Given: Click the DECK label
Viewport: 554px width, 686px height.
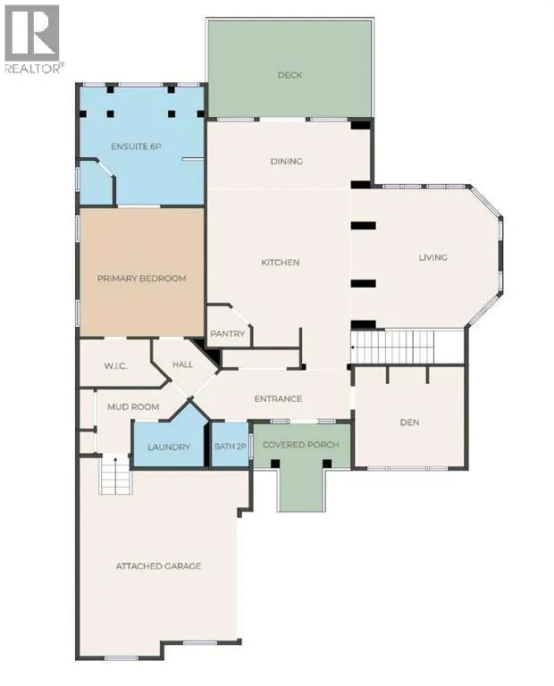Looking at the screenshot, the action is pyautogui.click(x=290, y=75).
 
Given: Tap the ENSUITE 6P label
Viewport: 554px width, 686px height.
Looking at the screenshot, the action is pyautogui.click(x=136, y=146).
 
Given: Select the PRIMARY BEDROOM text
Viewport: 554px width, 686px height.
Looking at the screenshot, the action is pyautogui.click(x=141, y=279).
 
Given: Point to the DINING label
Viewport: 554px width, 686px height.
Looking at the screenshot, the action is pyautogui.click(x=287, y=162).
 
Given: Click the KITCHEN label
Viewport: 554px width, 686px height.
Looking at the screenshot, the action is pyautogui.click(x=280, y=263).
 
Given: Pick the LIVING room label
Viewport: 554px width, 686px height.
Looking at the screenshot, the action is pyautogui.click(x=433, y=257).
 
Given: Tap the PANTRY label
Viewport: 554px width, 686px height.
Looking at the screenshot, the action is pyautogui.click(x=228, y=334).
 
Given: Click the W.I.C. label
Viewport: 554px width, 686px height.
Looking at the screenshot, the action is pyautogui.click(x=116, y=365).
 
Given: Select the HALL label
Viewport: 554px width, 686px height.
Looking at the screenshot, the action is pyautogui.click(x=182, y=364).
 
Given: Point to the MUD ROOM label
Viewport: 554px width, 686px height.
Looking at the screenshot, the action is pyautogui.click(x=133, y=407).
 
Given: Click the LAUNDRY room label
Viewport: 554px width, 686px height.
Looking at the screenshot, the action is pyautogui.click(x=169, y=448).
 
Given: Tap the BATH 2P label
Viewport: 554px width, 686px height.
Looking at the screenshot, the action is pyautogui.click(x=231, y=447).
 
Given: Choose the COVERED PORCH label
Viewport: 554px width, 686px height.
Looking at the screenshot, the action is pyautogui.click(x=301, y=445).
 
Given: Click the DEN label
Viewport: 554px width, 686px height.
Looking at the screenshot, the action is pyautogui.click(x=409, y=422).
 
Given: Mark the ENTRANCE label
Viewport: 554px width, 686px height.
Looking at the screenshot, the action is pyautogui.click(x=278, y=399).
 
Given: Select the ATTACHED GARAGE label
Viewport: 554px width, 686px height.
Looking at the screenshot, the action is pyautogui.click(x=158, y=566).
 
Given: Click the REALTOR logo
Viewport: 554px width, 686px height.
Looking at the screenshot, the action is pyautogui.click(x=33, y=38).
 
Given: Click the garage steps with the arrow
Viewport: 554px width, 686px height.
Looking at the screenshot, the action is pyautogui.click(x=115, y=474).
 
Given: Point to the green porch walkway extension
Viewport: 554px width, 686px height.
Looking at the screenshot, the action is pyautogui.click(x=302, y=490).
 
